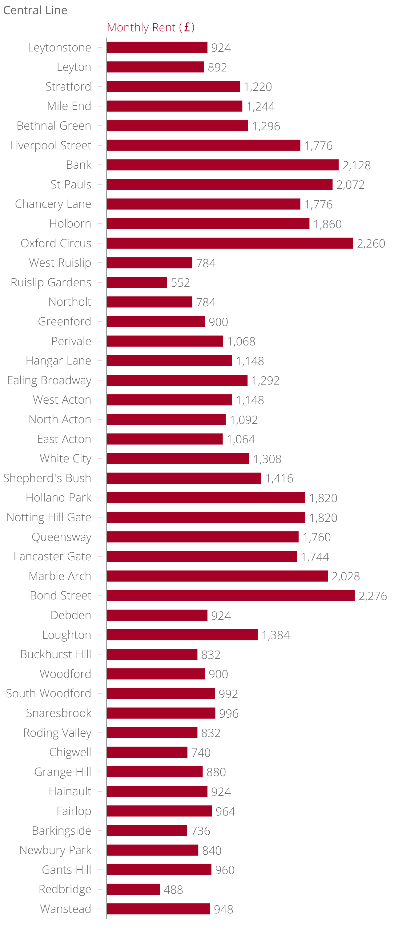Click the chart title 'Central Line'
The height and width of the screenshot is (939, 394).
(35, 10)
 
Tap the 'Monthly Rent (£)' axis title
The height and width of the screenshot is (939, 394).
(151, 27)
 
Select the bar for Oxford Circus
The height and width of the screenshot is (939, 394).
(230, 243)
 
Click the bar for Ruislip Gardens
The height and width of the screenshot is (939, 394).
(137, 282)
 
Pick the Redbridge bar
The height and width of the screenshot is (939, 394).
(133, 889)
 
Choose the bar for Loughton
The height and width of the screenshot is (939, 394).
(182, 635)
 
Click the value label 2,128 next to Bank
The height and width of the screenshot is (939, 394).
(356, 165)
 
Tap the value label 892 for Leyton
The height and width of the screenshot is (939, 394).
(217, 67)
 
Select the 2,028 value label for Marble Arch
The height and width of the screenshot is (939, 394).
(346, 576)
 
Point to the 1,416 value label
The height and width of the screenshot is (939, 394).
(279, 478)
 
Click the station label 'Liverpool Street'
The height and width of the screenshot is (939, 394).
(51, 145)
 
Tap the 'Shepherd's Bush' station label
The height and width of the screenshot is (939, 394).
(47, 478)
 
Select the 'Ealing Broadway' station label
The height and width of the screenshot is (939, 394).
(49, 380)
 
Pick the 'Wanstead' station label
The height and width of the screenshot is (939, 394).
(66, 909)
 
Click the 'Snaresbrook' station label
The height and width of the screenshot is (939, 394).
(59, 713)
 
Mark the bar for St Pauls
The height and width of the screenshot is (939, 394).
(219, 184)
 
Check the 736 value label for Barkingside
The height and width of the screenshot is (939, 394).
(200, 831)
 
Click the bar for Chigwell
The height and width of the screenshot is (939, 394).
(147, 752)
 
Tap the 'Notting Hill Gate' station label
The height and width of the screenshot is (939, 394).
(49, 517)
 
